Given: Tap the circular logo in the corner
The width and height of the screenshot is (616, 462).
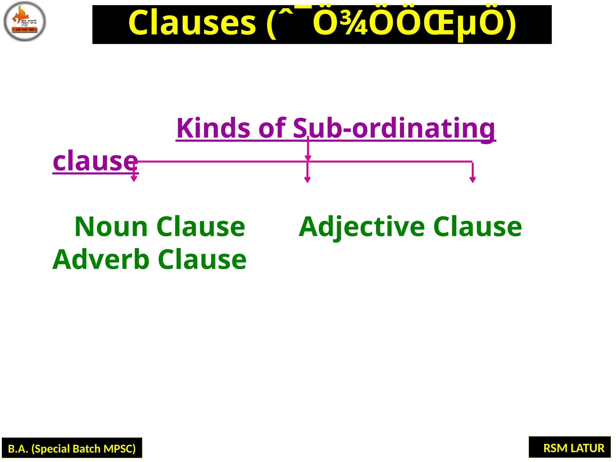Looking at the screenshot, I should click(25, 21).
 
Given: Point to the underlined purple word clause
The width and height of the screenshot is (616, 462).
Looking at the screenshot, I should click(95, 161).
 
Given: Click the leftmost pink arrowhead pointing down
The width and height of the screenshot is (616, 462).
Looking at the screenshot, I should click(134, 179).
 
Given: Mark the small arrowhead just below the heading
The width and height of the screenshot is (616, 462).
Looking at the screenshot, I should click(308, 158).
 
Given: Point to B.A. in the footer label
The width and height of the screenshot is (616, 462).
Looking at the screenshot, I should click(18, 449).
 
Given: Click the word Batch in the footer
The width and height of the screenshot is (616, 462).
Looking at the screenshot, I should click(86, 449).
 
